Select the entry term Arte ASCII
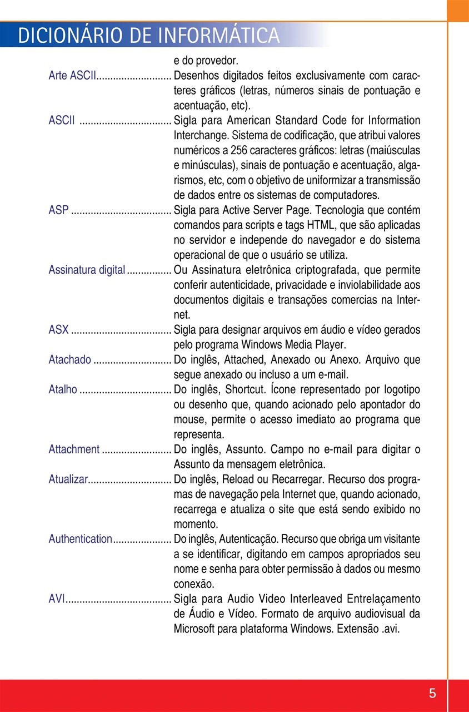pyautogui.click(x=72, y=76)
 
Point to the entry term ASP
pyautogui.click(x=58, y=210)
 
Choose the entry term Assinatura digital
pyautogui.click(x=87, y=270)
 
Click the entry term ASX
pyautogui.click(x=58, y=330)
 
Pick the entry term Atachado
pyautogui.click(x=69, y=360)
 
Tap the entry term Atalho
pyautogui.click(x=63, y=389)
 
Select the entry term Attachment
pyautogui.click(x=74, y=449)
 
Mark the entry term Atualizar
pyautogui.click(x=68, y=479)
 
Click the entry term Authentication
pyautogui.click(x=80, y=539)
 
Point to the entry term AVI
pyautogui.click(x=57, y=599)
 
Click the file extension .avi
pyautogui.click(x=391, y=629)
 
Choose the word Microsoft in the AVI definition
pyautogui.click(x=195, y=629)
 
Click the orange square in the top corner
pyautogui.click(x=458, y=11)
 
